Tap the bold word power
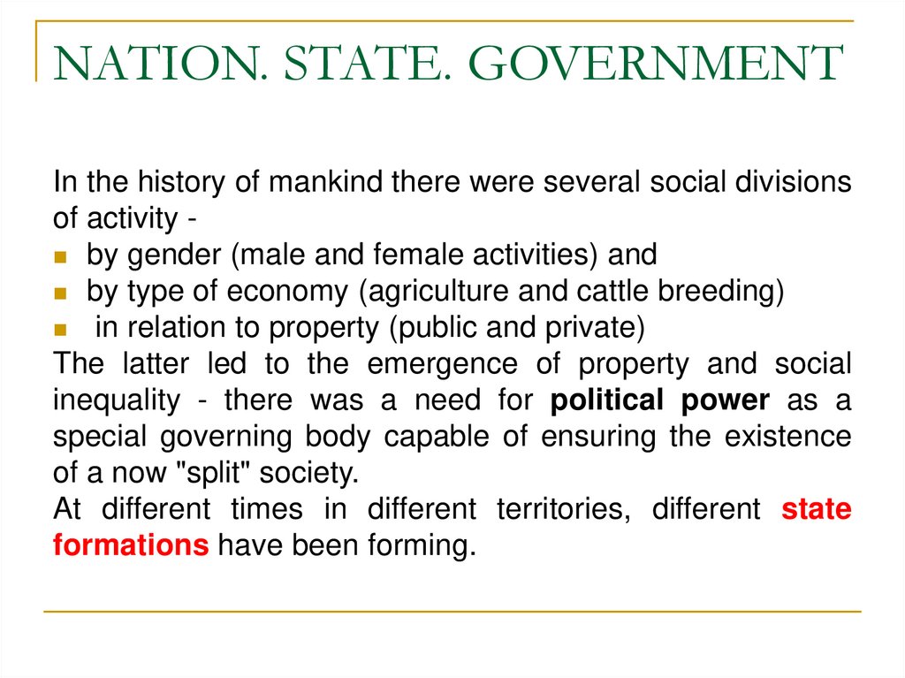pyautogui.click(x=726, y=400)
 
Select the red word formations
pyautogui.click(x=131, y=545)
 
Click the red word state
pyautogui.click(x=817, y=509)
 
